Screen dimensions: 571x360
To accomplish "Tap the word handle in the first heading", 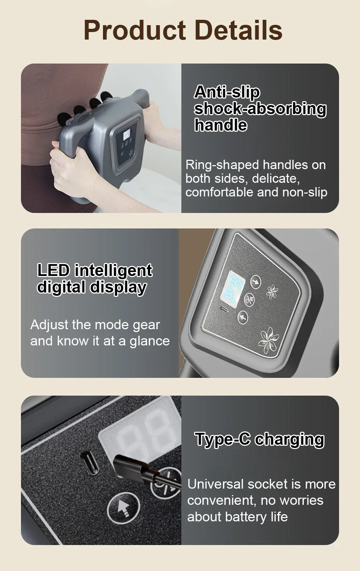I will click(220, 125).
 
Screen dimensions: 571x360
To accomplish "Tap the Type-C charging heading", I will click(259, 439).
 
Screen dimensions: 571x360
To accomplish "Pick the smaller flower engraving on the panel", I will click(272, 291).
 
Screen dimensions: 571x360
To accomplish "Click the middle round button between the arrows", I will click(249, 299).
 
